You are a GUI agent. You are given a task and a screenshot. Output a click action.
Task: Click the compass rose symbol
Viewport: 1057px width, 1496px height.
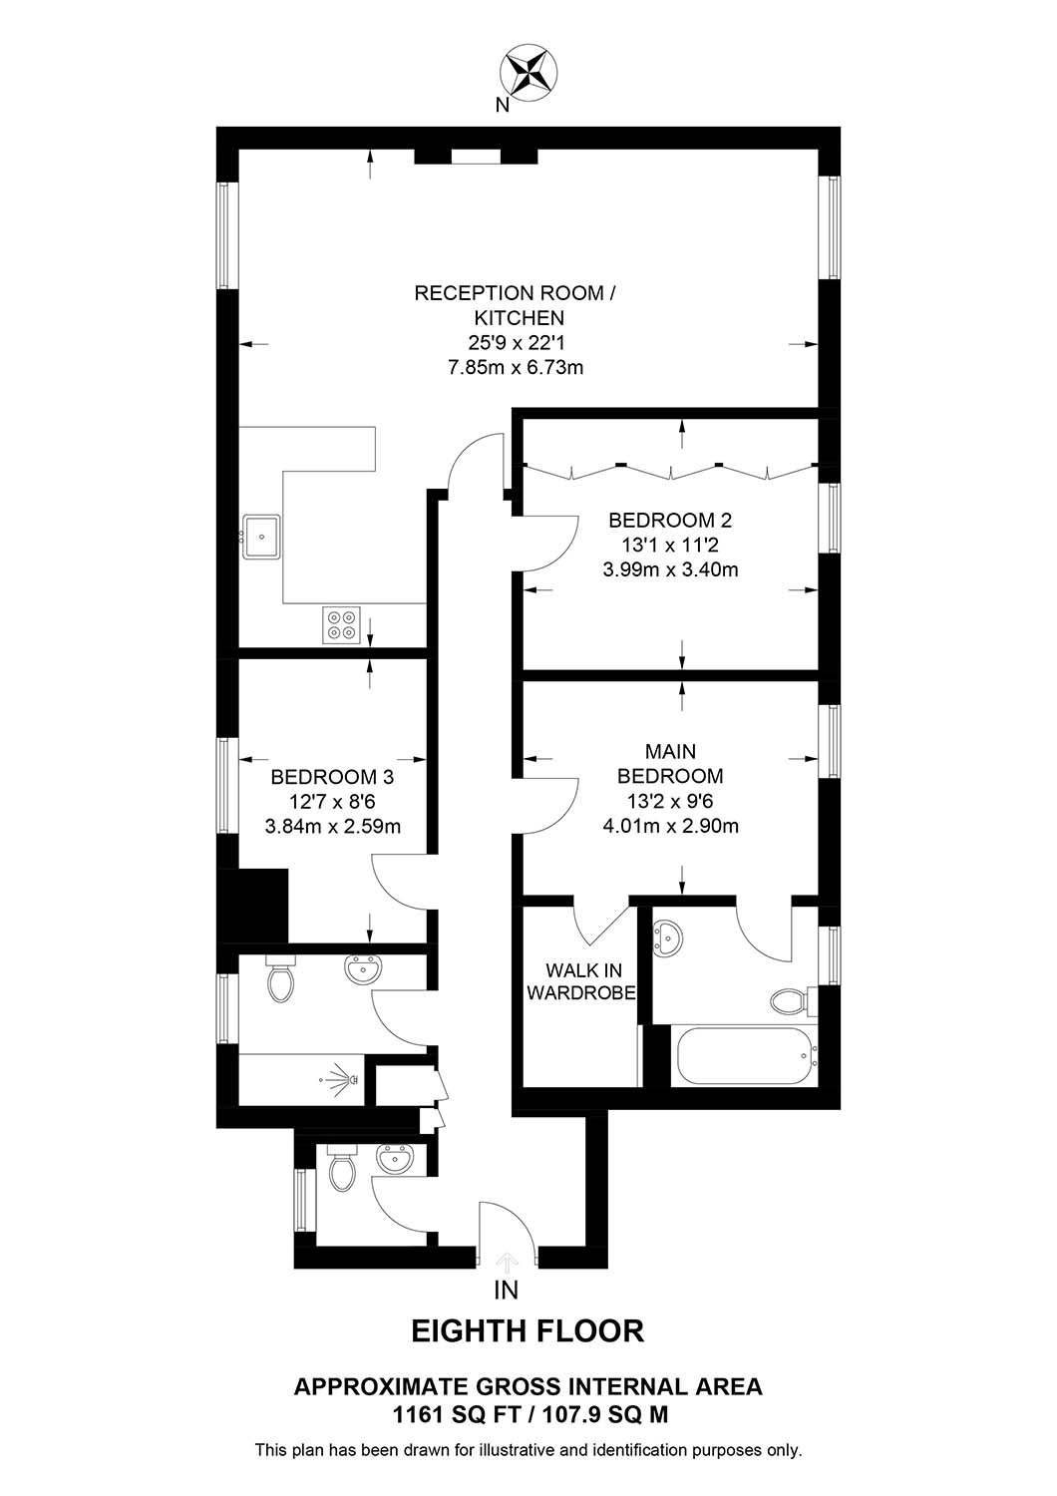[x=528, y=74]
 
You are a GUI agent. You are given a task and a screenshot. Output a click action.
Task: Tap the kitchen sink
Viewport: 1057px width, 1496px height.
[x=261, y=536]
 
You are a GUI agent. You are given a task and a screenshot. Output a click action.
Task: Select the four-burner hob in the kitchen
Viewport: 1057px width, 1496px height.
[x=341, y=624]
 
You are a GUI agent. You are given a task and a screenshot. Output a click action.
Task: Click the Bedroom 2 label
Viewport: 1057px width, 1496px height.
[x=670, y=520]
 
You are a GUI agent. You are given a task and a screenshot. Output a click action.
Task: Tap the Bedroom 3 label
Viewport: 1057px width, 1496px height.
[x=332, y=777]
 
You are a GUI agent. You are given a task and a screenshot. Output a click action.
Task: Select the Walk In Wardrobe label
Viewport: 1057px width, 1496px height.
[x=581, y=981]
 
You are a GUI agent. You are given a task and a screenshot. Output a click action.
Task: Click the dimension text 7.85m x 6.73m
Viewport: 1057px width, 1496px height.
[x=516, y=367]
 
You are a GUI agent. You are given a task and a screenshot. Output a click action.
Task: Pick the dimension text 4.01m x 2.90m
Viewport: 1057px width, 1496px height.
[x=670, y=826]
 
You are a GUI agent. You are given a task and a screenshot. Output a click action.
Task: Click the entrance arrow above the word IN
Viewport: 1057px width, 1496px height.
[x=508, y=1262]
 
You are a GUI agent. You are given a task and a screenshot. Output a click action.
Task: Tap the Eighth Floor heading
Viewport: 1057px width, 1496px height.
[x=528, y=1331]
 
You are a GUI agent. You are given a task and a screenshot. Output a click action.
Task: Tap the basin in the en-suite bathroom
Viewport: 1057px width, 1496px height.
[x=666, y=935]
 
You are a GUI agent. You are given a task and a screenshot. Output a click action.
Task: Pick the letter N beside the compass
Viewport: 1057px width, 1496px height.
[x=503, y=105]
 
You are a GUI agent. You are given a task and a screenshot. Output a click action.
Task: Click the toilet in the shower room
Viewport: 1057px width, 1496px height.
[x=280, y=978]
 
